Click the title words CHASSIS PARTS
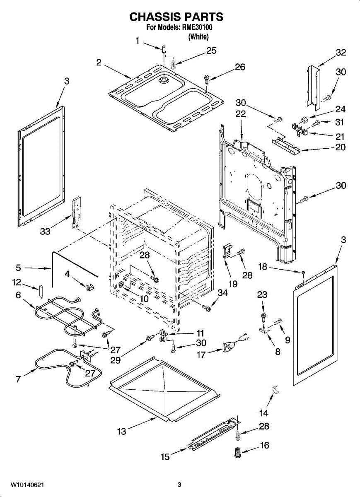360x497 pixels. pos(176,17)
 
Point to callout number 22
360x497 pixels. pos(241,114)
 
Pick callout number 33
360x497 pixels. pos(45,232)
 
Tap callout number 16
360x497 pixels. pos(265,445)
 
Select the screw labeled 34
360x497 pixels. pos(206,308)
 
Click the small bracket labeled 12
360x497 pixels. pos(41,291)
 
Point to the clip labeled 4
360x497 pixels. pos(89,287)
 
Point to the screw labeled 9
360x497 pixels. pos(278,321)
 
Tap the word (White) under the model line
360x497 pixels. pos(198,36)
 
